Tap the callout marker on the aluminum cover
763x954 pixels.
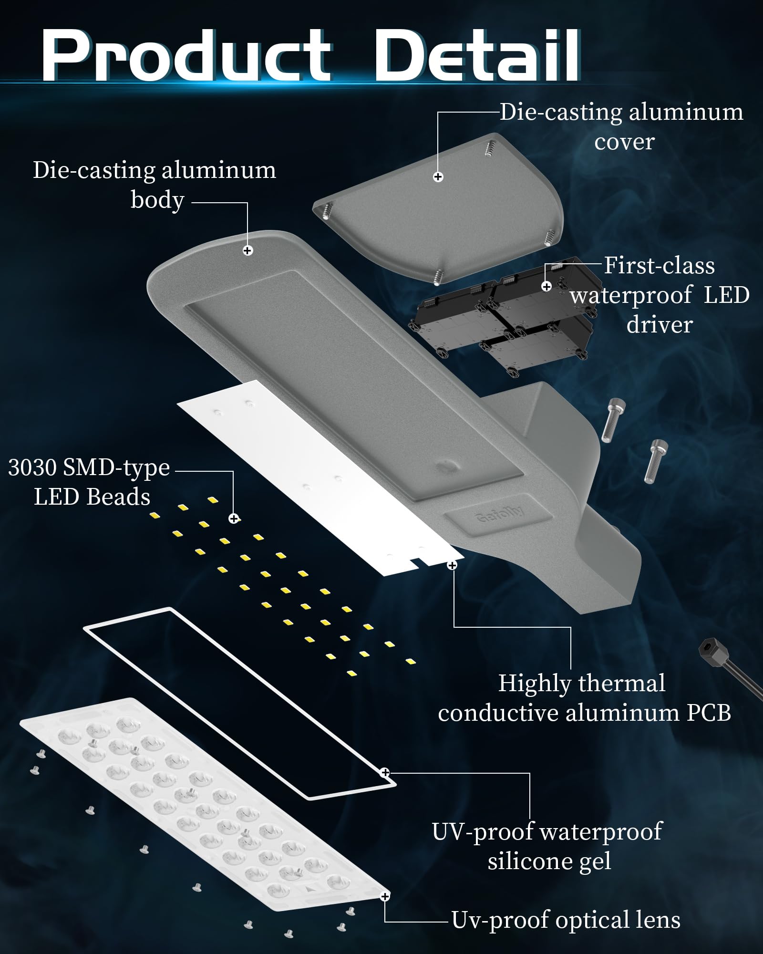tap(438, 177)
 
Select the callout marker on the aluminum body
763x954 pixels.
tap(247, 250)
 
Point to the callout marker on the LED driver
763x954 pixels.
tap(546, 286)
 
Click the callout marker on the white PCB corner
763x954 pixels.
tap(452, 565)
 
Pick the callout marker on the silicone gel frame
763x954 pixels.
tap(385, 772)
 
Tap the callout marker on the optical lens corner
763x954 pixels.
tap(385, 897)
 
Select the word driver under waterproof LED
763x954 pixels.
tap(660, 325)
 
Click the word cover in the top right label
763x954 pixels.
tap(625, 142)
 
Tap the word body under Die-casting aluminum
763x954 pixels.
tap(157, 200)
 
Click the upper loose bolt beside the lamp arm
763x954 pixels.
tap(612, 420)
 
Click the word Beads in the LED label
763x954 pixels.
tap(119, 497)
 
